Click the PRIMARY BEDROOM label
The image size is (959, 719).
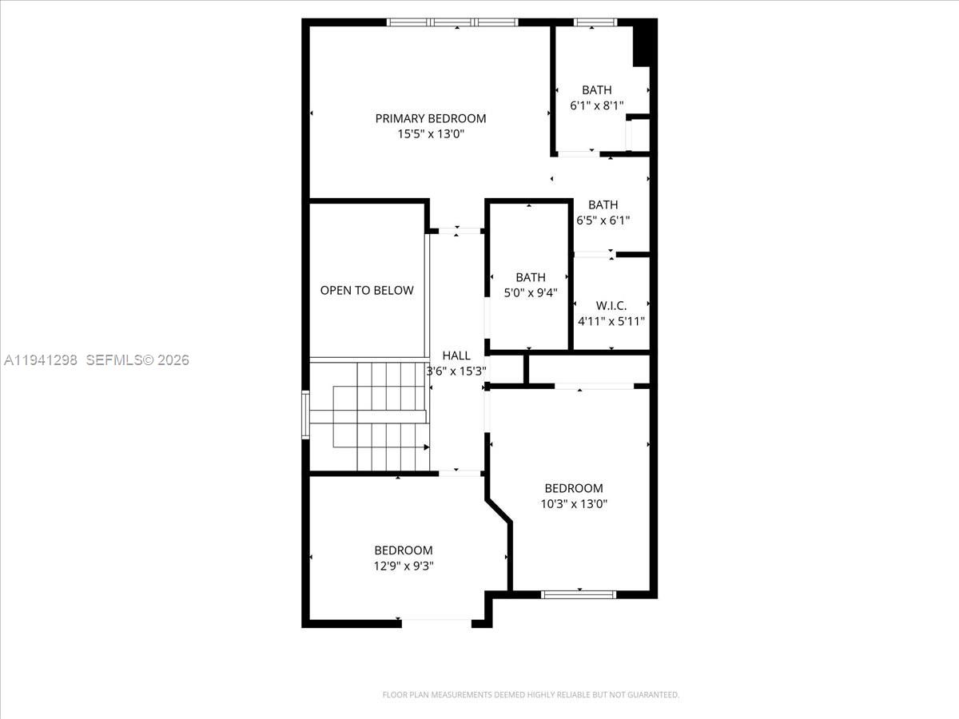click(430, 119)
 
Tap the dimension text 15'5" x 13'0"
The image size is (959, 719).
click(430, 134)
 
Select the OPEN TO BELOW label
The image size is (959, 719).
click(367, 290)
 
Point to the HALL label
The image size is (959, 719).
click(456, 356)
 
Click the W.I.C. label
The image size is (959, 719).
click(611, 306)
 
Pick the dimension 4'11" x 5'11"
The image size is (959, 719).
click(611, 321)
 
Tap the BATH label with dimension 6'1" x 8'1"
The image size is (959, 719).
click(596, 90)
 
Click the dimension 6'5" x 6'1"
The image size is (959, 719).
click(603, 220)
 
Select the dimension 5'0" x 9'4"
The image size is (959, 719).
click(531, 293)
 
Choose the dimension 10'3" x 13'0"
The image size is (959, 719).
click(574, 504)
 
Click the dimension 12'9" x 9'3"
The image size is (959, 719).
click(404, 566)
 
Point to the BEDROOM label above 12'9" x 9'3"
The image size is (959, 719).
click(404, 550)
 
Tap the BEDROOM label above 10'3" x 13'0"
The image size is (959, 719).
click(574, 488)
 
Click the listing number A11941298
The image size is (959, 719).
click(41, 360)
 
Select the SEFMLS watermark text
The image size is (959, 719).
click(137, 360)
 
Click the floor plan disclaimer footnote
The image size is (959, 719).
click(531, 694)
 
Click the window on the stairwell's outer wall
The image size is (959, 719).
click(305, 415)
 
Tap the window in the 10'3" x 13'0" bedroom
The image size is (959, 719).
click(579, 594)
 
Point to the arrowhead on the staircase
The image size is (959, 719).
click(427, 447)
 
